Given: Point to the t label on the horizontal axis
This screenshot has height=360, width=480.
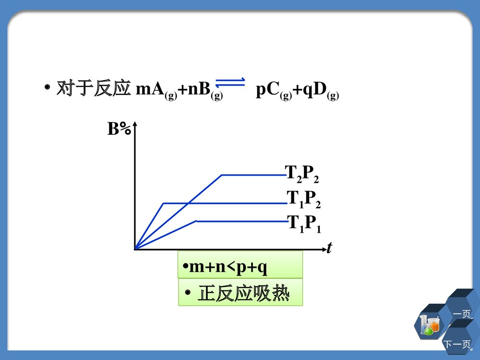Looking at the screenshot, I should click(x=329, y=248).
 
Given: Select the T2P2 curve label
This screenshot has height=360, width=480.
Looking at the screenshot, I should click(x=302, y=174).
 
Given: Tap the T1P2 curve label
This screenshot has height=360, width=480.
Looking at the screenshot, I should click(x=303, y=199).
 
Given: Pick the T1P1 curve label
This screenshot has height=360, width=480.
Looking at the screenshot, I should click(x=304, y=224).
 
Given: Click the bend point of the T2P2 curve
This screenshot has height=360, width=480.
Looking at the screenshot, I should click(x=221, y=175).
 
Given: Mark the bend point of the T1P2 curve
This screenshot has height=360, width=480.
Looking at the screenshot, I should click(x=164, y=204).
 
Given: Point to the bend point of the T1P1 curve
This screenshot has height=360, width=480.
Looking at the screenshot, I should click(x=197, y=221).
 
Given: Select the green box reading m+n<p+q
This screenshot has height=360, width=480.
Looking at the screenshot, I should click(x=240, y=265).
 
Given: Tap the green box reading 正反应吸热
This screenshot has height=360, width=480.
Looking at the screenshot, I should click(x=240, y=292).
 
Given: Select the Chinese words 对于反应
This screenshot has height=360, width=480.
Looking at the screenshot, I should click(x=94, y=89).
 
